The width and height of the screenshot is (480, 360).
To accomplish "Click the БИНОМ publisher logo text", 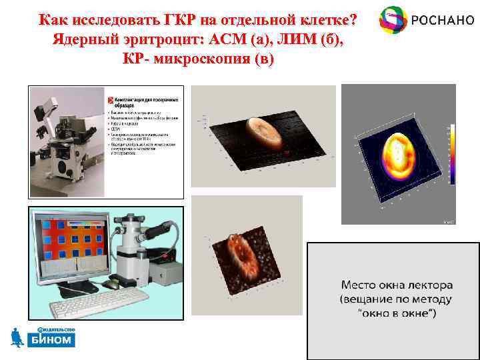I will [x=51, y=340].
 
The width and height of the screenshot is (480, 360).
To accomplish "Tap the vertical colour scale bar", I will [x=451, y=154].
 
